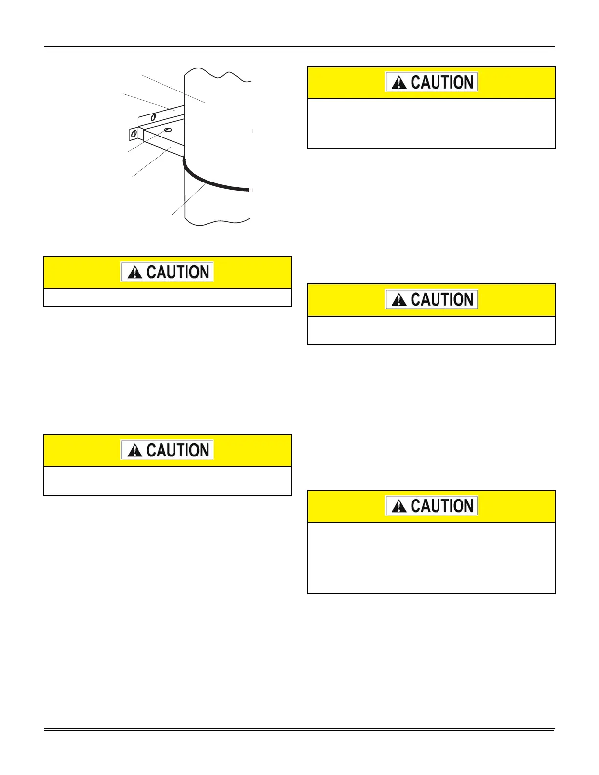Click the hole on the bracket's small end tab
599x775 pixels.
134,133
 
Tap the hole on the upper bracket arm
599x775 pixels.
153,117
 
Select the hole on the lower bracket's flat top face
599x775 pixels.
168,130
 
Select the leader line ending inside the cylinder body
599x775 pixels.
171,88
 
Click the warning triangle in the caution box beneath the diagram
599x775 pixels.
135,273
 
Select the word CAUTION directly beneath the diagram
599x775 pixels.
178,273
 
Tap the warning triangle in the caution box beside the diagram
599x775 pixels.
399,83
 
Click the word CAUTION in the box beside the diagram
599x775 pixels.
442,83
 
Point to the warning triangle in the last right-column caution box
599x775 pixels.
399,506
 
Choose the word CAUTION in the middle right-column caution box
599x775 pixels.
442,300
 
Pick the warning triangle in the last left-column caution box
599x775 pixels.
135,451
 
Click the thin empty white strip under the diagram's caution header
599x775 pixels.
167,297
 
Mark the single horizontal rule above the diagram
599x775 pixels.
299,47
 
